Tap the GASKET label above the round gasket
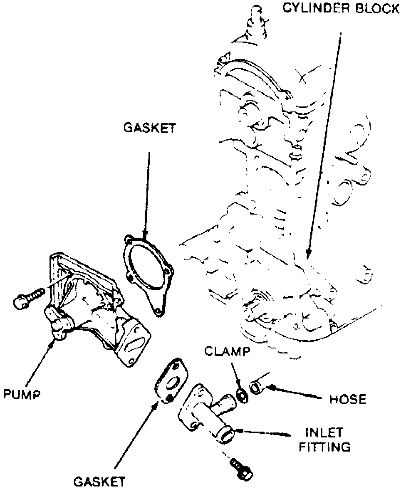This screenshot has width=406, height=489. point(149,128)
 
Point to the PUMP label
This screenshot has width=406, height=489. point(22,394)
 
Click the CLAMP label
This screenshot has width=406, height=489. point(227,352)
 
